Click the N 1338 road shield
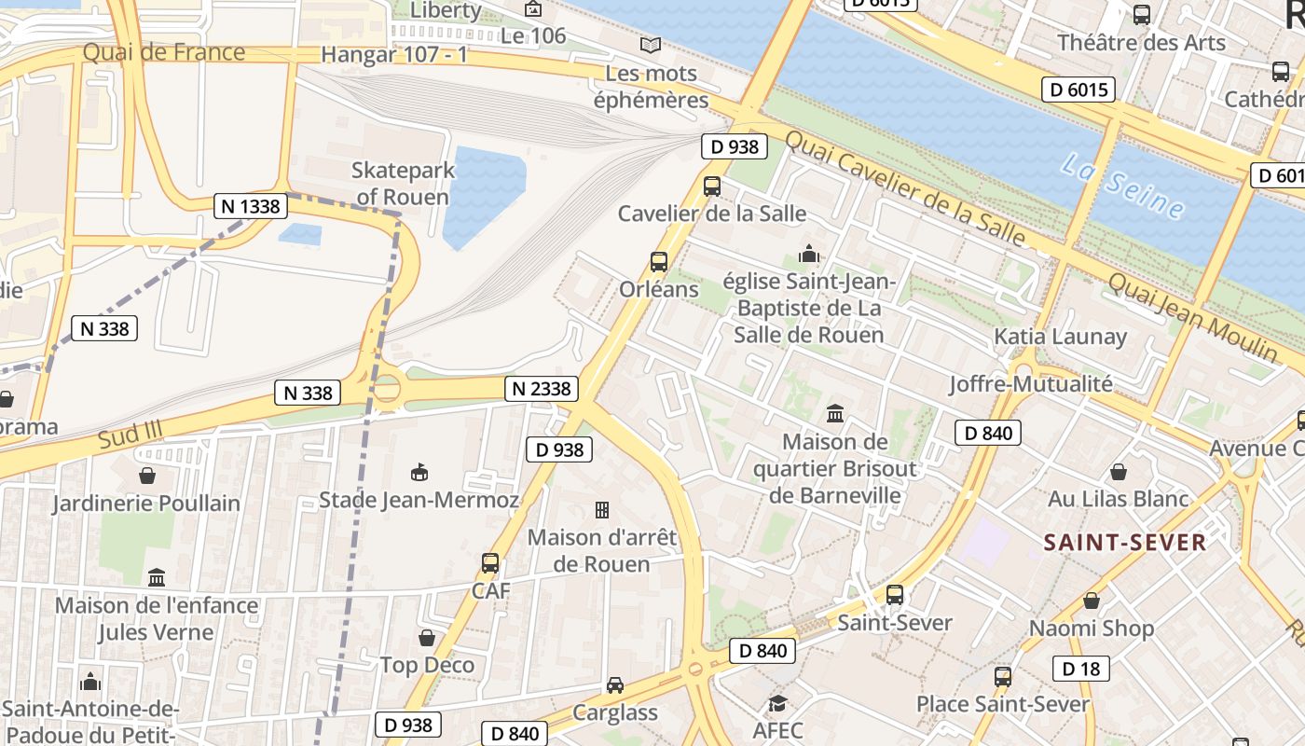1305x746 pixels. tap(251, 206)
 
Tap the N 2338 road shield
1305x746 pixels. tap(543, 389)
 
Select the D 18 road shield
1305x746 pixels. tap(1080, 669)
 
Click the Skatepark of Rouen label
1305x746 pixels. tap(404, 184)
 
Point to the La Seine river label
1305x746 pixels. tap(1123, 186)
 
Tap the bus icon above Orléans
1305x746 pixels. tap(659, 262)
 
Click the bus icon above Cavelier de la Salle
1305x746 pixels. tap(712, 186)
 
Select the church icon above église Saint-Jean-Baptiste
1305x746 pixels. tap(808, 254)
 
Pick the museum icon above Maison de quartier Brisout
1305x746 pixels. tap(835, 413)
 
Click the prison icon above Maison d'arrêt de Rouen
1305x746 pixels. tap(602, 510)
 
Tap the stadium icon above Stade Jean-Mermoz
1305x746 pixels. tap(419, 473)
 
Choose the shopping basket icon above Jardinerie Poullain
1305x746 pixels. tap(146, 476)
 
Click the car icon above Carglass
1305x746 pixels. tap(615, 685)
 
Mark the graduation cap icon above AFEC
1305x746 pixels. tap(777, 703)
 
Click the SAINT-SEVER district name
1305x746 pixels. tap(1124, 542)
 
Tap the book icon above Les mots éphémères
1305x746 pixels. tap(651, 45)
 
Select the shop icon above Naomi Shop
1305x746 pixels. tap(1092, 601)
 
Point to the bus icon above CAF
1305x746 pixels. tap(490, 563)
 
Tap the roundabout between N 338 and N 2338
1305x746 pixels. tap(385, 387)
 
